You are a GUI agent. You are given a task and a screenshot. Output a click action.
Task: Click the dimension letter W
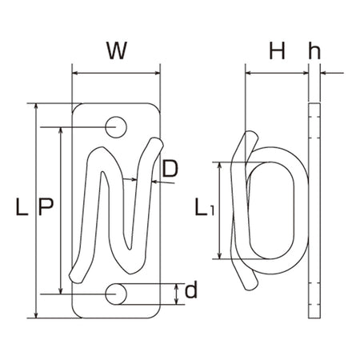(x=117, y=50)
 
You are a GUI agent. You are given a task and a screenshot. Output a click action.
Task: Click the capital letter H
(x=277, y=50)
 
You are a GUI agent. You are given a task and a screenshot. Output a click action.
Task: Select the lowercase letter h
(x=314, y=50)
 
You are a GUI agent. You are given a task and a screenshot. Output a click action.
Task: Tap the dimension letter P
(x=46, y=206)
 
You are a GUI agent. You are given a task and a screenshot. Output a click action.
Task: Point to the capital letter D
(x=170, y=169)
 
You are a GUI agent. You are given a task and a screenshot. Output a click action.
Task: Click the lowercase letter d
(x=191, y=290)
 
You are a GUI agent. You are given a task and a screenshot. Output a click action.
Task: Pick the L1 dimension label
(x=204, y=207)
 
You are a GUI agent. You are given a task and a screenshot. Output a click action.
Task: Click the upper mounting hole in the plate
(x=116, y=127)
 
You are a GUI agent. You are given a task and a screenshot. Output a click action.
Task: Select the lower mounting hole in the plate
(x=116, y=294)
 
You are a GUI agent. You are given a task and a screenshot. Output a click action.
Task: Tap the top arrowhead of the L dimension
(x=37, y=106)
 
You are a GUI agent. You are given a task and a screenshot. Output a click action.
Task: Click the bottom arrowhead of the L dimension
(x=37, y=315)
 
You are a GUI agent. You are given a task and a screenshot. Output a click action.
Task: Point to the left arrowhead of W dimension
(x=75, y=73)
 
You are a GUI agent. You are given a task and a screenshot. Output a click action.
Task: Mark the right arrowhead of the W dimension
(x=157, y=73)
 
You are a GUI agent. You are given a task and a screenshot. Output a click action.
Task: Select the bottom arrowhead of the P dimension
(x=61, y=291)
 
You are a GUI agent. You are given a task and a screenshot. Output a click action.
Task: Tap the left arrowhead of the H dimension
(x=249, y=73)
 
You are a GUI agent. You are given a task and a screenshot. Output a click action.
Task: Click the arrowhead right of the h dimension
(x=324, y=73)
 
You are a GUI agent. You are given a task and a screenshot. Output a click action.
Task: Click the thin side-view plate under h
(x=314, y=210)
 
